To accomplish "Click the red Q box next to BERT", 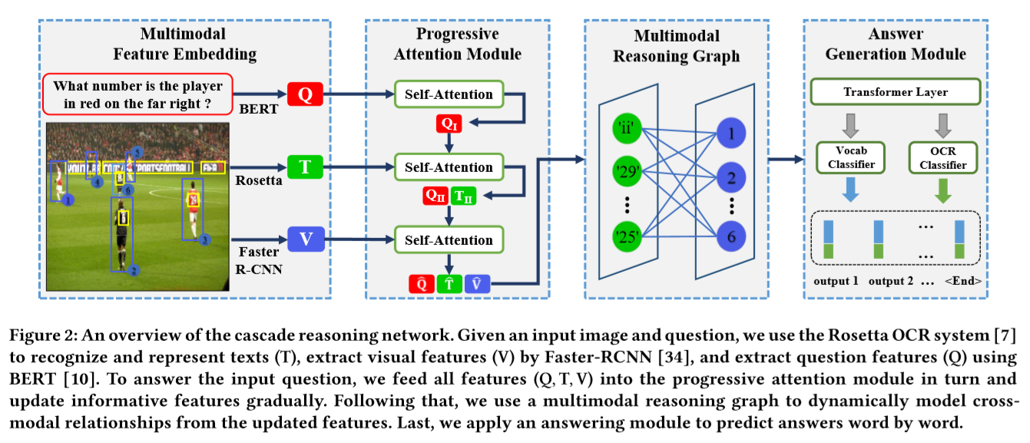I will [x=305, y=94].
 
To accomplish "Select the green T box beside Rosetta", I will [x=305, y=167].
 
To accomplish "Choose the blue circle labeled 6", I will [x=730, y=236].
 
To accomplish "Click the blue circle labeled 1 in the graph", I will [x=730, y=133].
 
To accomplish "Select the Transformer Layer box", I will [x=896, y=92].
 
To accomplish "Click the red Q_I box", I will [x=449, y=124].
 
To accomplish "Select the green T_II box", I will [x=465, y=197].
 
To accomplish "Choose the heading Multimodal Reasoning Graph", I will [x=677, y=46].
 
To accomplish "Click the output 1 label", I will [x=836, y=281].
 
